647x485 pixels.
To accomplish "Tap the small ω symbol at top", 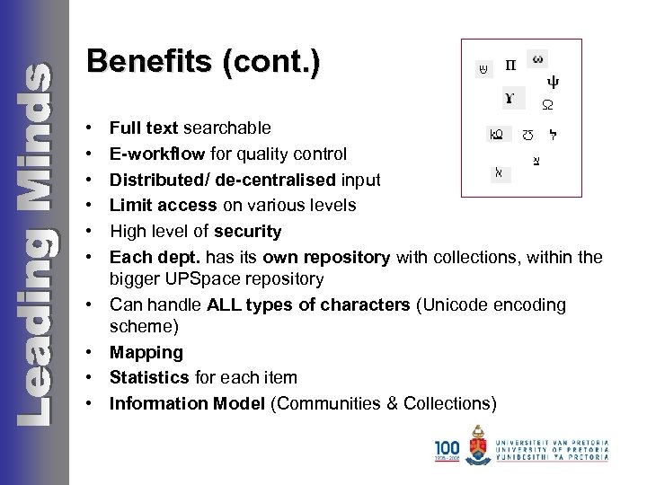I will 537,59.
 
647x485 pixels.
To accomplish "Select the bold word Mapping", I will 146,353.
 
